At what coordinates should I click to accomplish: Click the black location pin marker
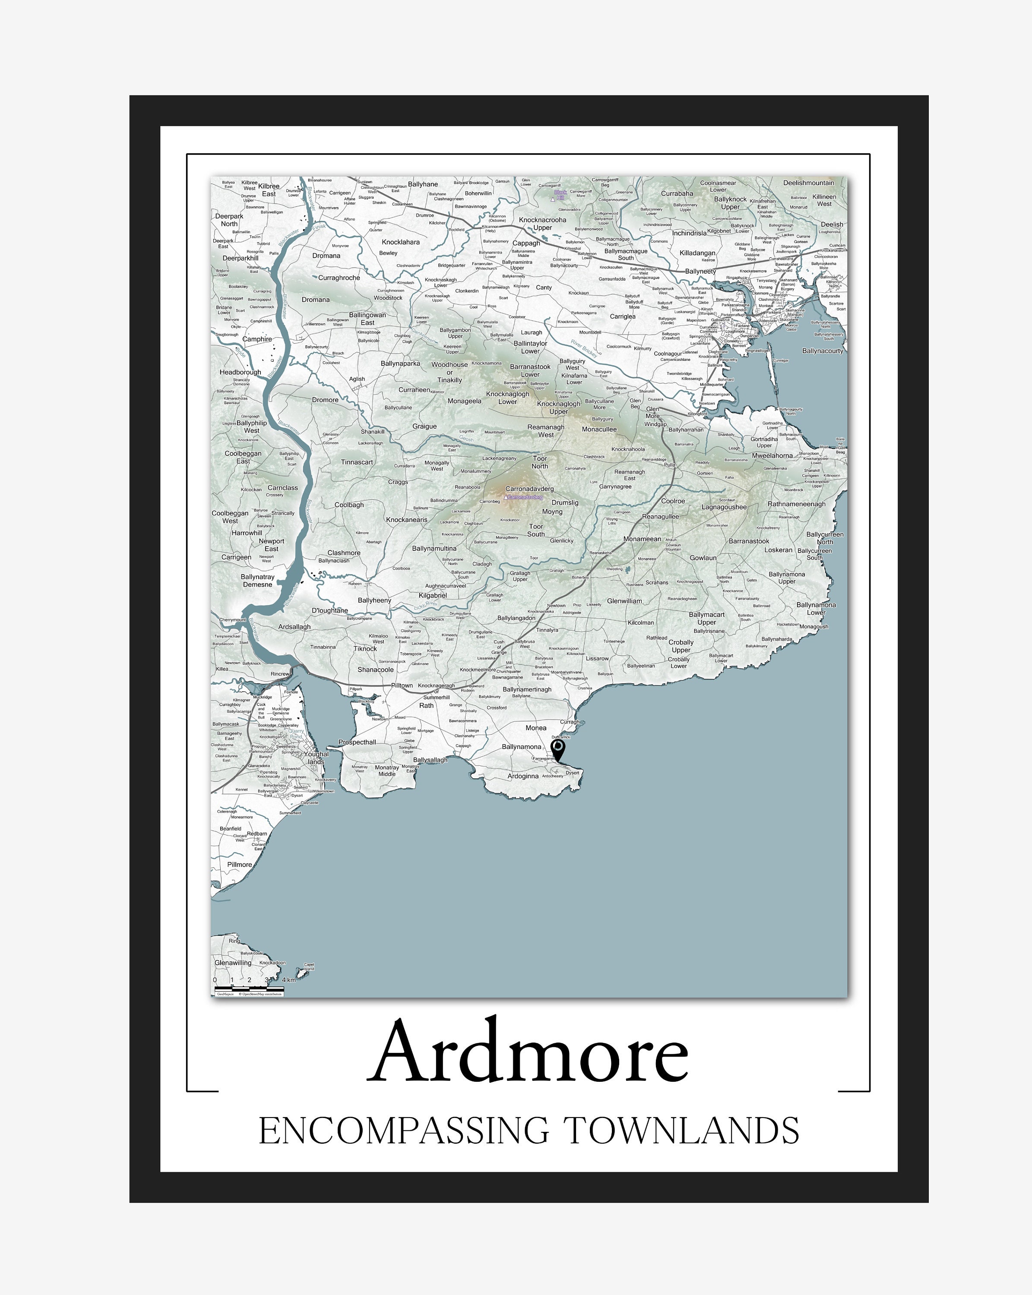click(x=557, y=749)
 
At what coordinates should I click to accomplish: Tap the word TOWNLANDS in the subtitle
click(x=682, y=1131)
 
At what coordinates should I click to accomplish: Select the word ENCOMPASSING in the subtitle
click(x=404, y=1131)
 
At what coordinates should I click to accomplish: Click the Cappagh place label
click(x=526, y=243)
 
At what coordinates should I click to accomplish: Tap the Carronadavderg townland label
click(x=529, y=488)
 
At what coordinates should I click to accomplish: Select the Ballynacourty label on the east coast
click(x=822, y=351)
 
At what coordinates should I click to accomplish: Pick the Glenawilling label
click(x=233, y=962)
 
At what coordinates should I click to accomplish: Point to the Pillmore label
click(x=239, y=864)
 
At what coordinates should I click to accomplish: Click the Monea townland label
click(x=536, y=727)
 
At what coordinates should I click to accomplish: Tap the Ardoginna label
click(x=522, y=776)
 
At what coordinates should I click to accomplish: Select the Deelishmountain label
click(x=808, y=183)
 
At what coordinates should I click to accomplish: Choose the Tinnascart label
click(x=357, y=462)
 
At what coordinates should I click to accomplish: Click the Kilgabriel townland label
click(x=433, y=595)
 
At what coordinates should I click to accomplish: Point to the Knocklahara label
click(x=401, y=242)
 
